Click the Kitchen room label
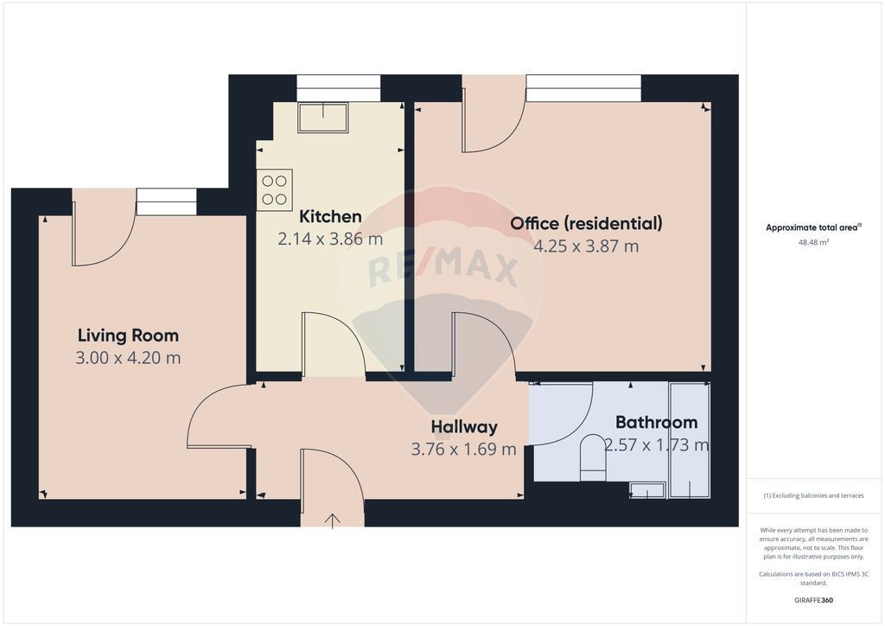330,216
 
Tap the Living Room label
128,335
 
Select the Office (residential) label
587,224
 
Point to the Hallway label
464,427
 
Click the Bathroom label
657,422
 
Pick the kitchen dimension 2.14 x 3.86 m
330,240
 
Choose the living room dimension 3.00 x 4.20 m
128,358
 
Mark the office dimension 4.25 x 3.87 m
587,246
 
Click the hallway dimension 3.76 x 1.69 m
464,450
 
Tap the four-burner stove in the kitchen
274,190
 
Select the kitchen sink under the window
323,118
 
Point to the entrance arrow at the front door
333,521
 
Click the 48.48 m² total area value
813,243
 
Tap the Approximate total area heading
813,228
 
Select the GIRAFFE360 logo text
813,600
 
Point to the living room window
167,201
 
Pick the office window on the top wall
583,88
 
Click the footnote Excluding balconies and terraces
813,495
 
